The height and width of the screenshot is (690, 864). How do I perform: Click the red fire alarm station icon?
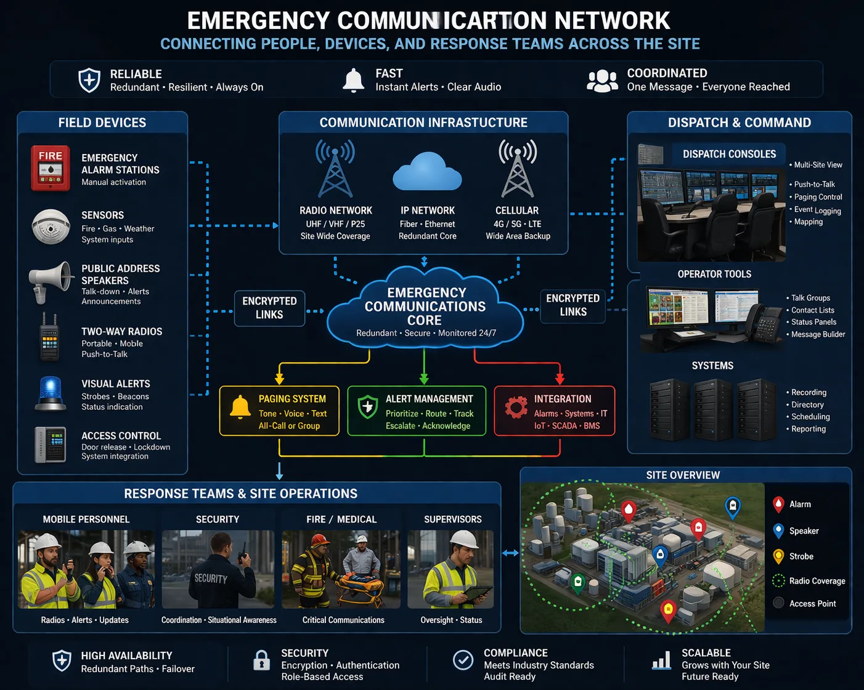point(51,168)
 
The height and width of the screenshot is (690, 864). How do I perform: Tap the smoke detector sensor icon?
point(51,227)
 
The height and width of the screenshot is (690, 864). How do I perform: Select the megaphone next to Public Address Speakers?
point(51,281)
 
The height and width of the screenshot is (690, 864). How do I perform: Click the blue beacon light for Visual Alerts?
point(51,393)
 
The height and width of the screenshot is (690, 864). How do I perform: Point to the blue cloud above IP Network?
point(427,172)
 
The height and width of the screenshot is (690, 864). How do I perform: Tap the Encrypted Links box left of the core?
point(269,308)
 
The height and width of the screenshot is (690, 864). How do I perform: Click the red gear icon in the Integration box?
point(516,407)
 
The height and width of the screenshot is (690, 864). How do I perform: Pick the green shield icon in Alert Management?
point(368,407)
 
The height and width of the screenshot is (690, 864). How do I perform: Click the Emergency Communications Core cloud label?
point(425,307)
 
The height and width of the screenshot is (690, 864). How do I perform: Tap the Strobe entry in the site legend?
point(801,556)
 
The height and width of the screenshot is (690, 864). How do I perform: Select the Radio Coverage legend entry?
point(817,581)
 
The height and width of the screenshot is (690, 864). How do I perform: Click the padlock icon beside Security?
point(262,660)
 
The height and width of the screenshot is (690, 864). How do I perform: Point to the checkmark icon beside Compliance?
point(463,660)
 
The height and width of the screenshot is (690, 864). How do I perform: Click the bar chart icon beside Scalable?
point(661,660)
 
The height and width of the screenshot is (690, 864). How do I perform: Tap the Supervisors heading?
point(452,520)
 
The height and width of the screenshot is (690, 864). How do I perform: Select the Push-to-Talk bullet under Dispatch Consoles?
point(814,184)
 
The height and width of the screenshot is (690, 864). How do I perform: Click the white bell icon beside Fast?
point(353,81)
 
